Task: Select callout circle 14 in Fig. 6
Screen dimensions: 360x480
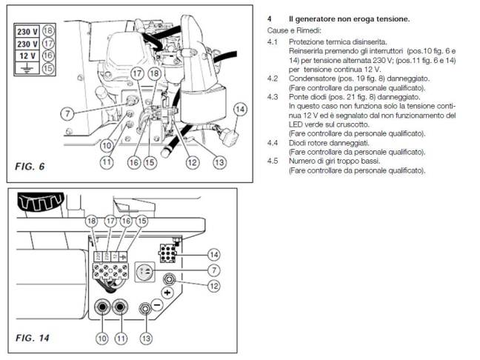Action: click(239, 110)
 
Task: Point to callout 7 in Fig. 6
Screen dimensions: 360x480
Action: click(67, 114)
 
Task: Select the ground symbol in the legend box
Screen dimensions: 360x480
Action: click(27, 68)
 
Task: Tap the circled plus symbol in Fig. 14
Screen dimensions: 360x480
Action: click(167, 292)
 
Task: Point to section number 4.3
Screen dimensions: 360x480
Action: click(273, 97)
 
